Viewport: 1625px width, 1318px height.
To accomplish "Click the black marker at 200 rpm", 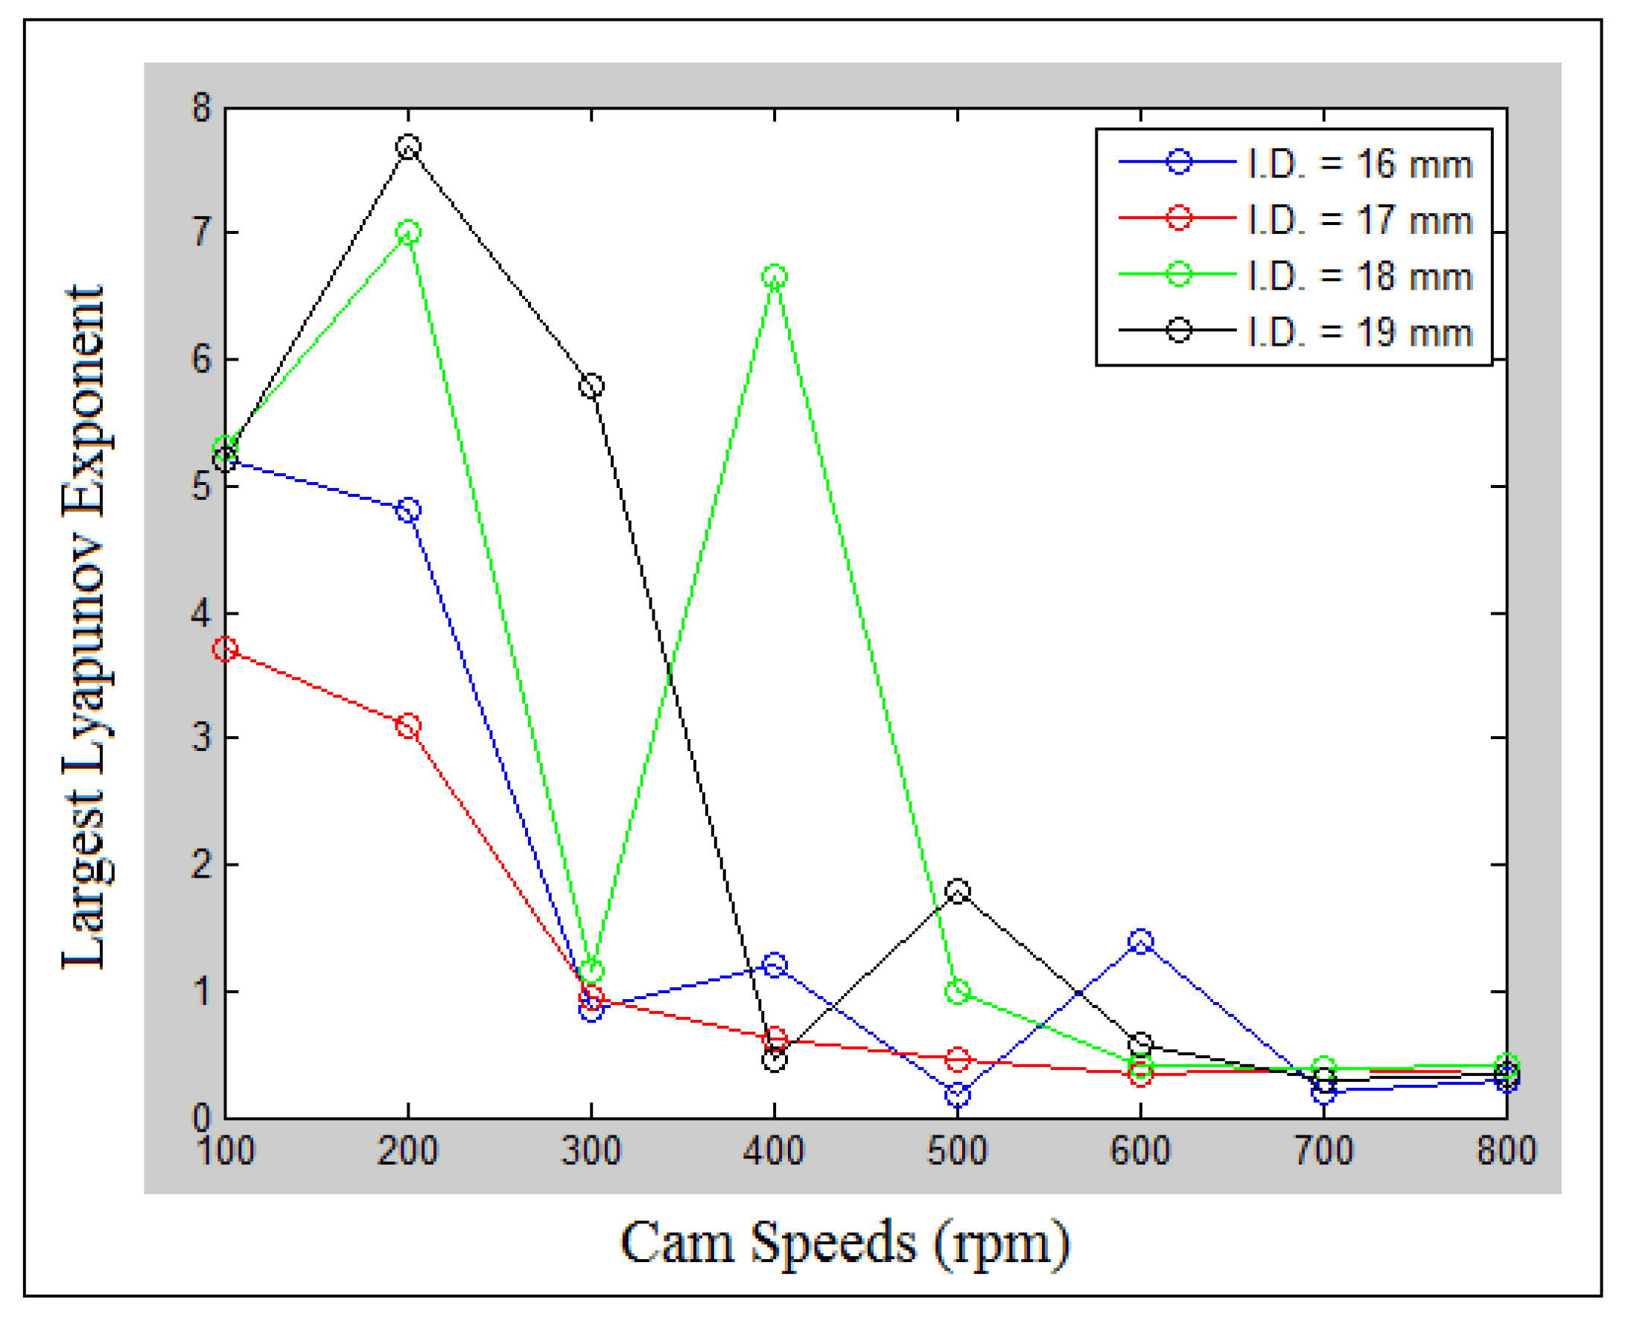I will [408, 147].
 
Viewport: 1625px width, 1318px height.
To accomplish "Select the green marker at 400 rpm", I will [775, 276].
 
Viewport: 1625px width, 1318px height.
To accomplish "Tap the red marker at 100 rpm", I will [226, 649].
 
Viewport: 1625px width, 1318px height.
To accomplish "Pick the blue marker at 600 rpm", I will [1140, 942].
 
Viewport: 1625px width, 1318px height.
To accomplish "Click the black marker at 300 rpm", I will [591, 386].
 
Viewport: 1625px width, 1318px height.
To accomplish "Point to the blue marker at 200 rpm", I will [408, 510].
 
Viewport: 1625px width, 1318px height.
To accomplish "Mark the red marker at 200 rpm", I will [408, 726].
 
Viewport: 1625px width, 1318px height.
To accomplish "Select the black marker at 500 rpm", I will [958, 890].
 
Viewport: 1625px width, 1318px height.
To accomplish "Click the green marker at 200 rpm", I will [408, 232].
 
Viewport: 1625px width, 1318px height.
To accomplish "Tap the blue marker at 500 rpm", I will [958, 1094].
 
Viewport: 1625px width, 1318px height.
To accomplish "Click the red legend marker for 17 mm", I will [1178, 218].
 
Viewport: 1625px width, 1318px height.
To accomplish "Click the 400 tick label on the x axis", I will [775, 1151].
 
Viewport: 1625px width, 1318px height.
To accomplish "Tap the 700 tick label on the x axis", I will [1323, 1151].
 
